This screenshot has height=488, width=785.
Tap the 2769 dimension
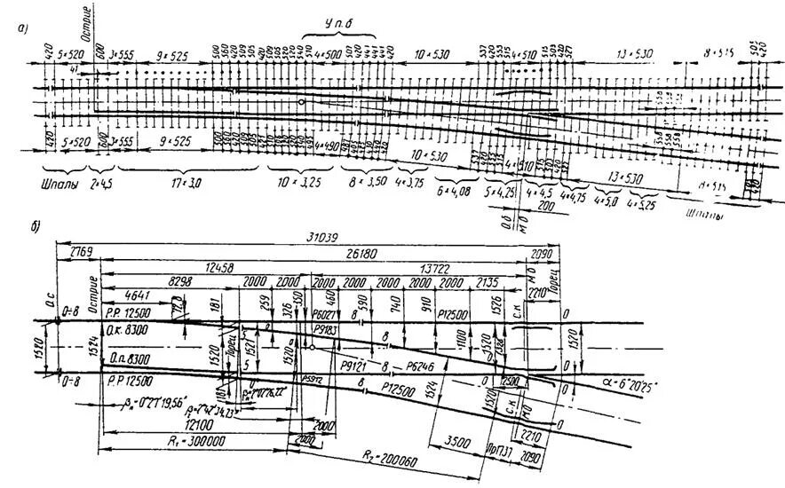pos(76,254)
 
